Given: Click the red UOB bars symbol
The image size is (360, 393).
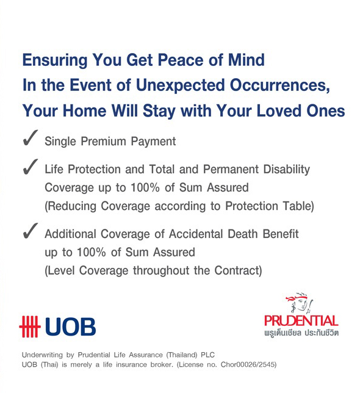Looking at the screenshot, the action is coord(30,326).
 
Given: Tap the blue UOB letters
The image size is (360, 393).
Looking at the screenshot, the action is coord(70,326).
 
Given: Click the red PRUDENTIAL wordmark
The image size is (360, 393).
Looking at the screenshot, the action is coord(301,321).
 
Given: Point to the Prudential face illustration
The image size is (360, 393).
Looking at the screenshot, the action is coord(299,303).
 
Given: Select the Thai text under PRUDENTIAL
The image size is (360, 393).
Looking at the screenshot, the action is coord(301,333).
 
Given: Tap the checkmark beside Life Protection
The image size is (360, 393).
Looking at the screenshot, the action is coord(31,167).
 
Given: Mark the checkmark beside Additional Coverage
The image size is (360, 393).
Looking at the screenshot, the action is coord(31,231).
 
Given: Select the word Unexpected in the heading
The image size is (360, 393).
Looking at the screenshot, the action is coord(180,85).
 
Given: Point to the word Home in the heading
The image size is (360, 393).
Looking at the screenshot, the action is coord(85,110).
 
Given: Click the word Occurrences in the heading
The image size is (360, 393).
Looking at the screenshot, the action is coord(279,85).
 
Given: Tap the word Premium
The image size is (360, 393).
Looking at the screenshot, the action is coord(103,141).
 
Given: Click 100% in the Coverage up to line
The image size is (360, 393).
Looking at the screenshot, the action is coord(145,187).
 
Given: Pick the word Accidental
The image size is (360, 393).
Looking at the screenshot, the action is coord(196,234).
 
